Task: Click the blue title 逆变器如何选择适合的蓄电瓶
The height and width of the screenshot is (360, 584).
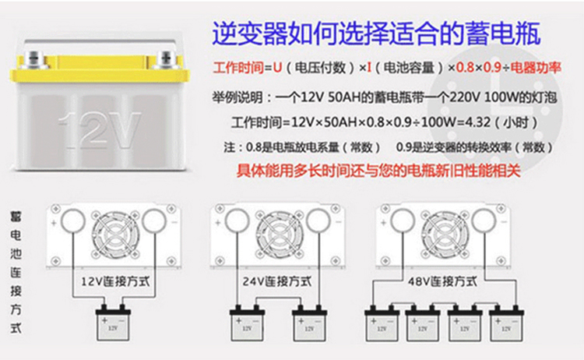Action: coord(376,34)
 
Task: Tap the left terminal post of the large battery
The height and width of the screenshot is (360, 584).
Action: coord(34,60)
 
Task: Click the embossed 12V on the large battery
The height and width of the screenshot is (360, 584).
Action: coord(100,129)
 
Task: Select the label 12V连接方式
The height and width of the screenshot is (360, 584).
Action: coord(115,281)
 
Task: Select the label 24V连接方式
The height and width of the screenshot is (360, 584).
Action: coord(277,281)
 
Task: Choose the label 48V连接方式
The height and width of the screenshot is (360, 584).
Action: coord(442,281)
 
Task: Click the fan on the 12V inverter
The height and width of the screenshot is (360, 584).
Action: coord(115,235)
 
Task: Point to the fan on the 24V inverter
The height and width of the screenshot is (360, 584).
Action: coord(280,235)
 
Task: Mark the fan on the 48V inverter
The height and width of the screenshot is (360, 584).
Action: coord(445,235)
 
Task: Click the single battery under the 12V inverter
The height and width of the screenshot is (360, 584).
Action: coord(113,323)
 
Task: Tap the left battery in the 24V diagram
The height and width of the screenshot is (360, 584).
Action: coord(247,323)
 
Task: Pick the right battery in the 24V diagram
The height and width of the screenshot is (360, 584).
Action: coord(309,323)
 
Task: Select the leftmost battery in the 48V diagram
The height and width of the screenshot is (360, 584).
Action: coord(382,323)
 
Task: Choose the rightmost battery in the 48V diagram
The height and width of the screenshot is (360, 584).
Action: coord(506,323)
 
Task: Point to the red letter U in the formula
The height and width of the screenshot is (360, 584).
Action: coord(277,68)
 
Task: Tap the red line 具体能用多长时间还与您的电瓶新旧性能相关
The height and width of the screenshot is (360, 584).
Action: coord(378,171)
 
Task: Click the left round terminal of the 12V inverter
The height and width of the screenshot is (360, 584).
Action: coord(73,221)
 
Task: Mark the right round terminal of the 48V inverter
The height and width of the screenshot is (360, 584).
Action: coord(484,221)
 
